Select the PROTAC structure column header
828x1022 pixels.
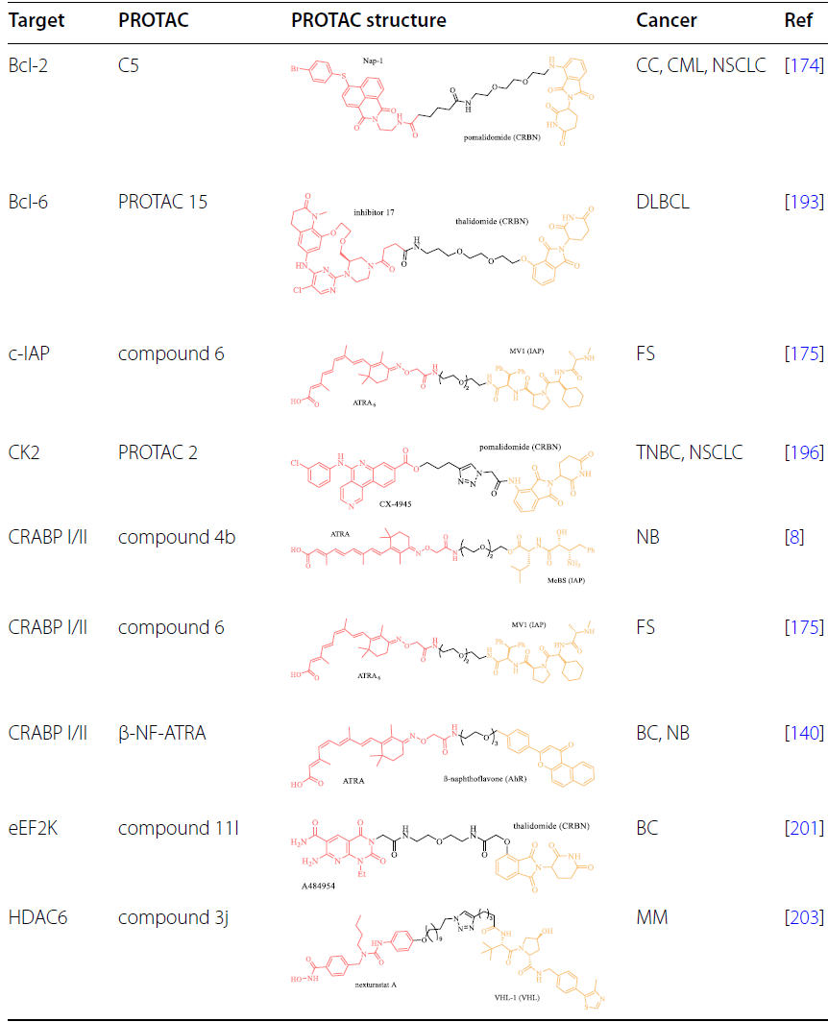368,20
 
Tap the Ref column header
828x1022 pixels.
799,20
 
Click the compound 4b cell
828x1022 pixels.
171,537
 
